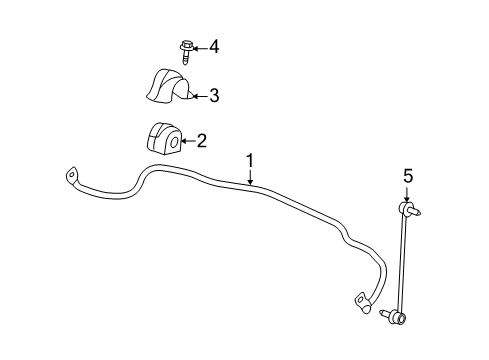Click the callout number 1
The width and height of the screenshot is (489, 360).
[250, 160]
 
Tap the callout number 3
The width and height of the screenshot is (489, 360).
[213, 96]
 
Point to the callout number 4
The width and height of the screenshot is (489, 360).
[212, 47]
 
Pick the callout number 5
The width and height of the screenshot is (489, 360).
[407, 176]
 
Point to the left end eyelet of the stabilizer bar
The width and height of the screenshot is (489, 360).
[71, 177]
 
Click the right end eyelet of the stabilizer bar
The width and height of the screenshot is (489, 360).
[359, 297]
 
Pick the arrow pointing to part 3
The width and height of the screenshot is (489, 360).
[198, 96]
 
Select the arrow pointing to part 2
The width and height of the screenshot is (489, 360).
[188, 142]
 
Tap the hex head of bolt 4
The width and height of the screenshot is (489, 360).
[186, 45]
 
